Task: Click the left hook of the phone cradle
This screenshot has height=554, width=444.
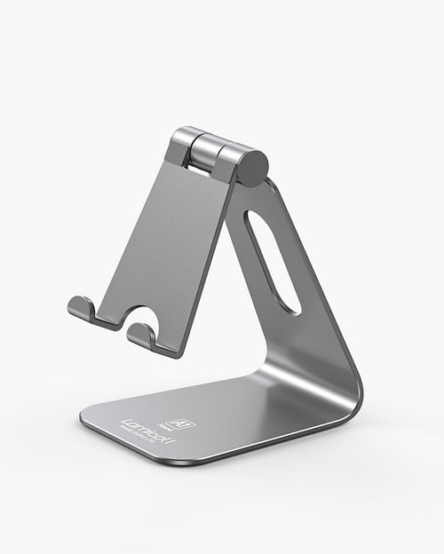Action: [82, 308]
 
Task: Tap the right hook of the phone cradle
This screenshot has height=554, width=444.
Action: [140, 333]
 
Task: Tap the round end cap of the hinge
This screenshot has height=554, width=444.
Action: [252, 167]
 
